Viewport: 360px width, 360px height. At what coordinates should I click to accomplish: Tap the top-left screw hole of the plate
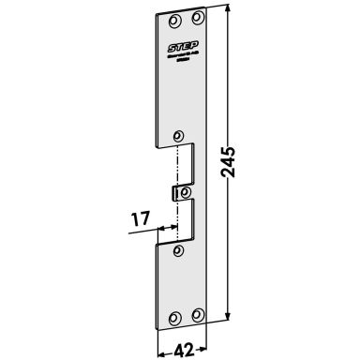pos(173,20)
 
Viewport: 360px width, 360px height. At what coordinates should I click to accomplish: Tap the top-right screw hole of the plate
pos(197,17)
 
